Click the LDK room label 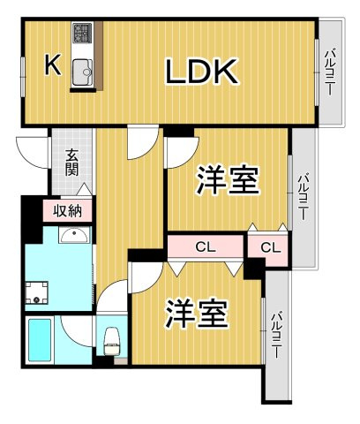(201, 72)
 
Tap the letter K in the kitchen (53, 64)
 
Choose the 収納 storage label (68, 210)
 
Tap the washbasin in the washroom (74, 236)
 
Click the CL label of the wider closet (204, 246)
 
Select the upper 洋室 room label (227, 181)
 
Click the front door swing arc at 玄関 (34, 150)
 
